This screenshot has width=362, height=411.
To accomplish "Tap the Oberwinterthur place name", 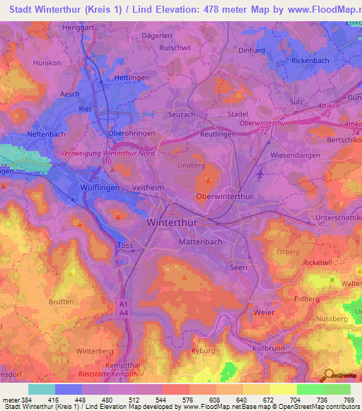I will pos(224,196).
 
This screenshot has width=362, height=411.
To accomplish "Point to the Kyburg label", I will pos(203,350).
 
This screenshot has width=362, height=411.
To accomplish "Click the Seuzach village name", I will pos(181,114).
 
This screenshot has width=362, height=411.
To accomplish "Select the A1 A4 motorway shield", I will pos(124,307).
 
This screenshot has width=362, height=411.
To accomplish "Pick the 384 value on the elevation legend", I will pos(26,400).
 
